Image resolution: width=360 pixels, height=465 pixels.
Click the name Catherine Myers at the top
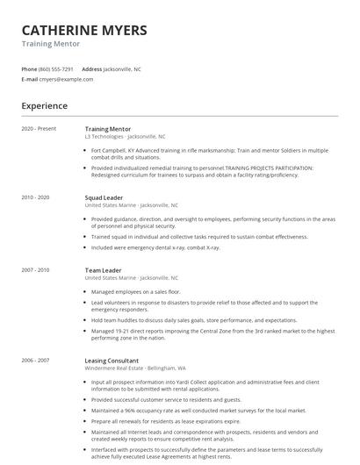tap(84, 31)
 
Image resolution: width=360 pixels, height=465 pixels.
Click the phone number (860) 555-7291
tap(55, 68)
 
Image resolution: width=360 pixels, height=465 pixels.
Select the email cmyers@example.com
tap(66, 79)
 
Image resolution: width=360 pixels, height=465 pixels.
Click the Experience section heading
tap(44, 106)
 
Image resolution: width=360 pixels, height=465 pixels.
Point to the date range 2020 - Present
tap(39, 129)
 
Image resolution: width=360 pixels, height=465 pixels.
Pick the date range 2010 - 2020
tap(36, 197)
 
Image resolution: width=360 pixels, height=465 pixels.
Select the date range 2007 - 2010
tap(36, 269)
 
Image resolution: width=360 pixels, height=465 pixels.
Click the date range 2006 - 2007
tap(36, 360)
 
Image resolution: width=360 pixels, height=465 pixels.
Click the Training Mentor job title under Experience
tap(108, 129)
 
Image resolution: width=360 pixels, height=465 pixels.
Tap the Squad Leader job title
tap(104, 197)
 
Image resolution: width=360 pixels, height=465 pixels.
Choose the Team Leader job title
tap(103, 269)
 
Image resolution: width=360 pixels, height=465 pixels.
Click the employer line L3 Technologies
tap(125, 137)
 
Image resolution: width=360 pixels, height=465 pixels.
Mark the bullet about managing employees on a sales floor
tap(135, 290)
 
